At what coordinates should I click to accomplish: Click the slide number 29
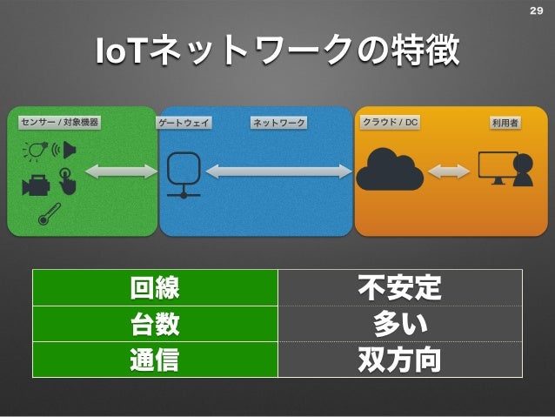pyautogui.click(x=535, y=10)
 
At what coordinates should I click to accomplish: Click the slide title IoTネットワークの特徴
pyautogui.click(x=277, y=55)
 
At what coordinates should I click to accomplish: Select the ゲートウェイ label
pyautogui.click(x=184, y=124)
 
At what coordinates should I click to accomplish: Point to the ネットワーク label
pyautogui.click(x=279, y=124)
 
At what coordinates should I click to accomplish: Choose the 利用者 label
pyautogui.click(x=505, y=124)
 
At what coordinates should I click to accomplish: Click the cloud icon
pyautogui.click(x=389, y=169)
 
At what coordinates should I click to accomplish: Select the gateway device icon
pyautogui.click(x=184, y=173)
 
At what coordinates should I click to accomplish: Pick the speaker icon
pyautogui.click(x=67, y=150)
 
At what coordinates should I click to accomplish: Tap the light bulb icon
pyautogui.click(x=34, y=151)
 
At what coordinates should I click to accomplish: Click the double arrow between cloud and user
pyautogui.click(x=449, y=172)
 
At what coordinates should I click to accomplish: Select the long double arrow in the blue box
pyautogui.click(x=278, y=172)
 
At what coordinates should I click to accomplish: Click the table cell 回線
pyautogui.click(x=155, y=287)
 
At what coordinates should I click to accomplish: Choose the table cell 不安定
pyautogui.click(x=399, y=287)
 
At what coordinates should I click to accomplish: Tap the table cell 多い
pyautogui.click(x=399, y=324)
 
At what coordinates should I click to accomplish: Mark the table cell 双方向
pyautogui.click(x=399, y=360)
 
